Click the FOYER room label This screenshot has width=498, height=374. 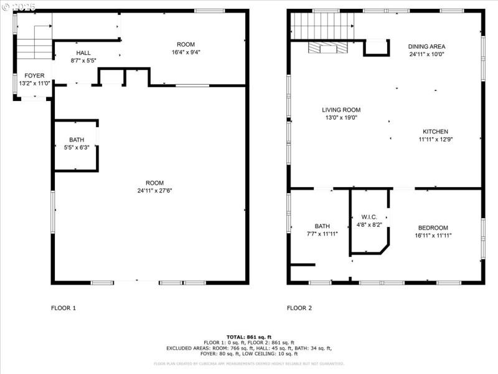34,75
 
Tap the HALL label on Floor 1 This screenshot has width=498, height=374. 83,53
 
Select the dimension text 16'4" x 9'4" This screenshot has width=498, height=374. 186,52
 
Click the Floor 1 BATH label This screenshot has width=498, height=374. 77,140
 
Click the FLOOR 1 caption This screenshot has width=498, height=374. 63,308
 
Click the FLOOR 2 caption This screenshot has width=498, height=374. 299,308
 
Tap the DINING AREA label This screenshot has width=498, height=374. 426,46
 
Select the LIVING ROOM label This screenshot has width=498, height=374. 341,109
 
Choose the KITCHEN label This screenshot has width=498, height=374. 435,132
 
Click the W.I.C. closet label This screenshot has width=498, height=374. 369,216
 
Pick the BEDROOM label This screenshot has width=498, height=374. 433,228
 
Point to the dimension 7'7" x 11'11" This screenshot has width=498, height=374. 322,234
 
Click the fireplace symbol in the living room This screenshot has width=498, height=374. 329,49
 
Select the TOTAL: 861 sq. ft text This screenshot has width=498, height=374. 249,337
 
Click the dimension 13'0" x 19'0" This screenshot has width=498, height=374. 341,117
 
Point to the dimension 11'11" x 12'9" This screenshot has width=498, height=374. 435,140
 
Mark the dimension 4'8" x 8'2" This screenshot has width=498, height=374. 369,224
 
